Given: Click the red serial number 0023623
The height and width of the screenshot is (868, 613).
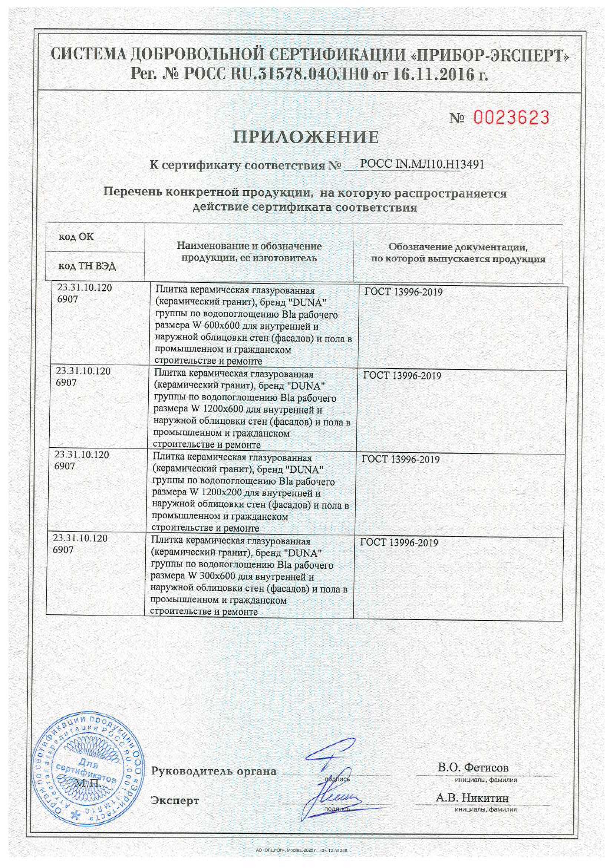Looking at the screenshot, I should click(x=511, y=118).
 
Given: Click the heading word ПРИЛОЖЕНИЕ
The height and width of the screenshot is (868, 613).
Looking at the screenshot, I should click(x=306, y=137).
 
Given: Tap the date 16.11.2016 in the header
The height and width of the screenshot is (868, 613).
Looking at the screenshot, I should click(x=434, y=75).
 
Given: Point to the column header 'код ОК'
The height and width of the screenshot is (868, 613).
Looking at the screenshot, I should click(x=76, y=236).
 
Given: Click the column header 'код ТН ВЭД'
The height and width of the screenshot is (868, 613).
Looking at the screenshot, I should click(x=87, y=266).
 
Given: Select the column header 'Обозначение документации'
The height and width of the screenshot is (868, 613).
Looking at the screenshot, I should click(x=458, y=247).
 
